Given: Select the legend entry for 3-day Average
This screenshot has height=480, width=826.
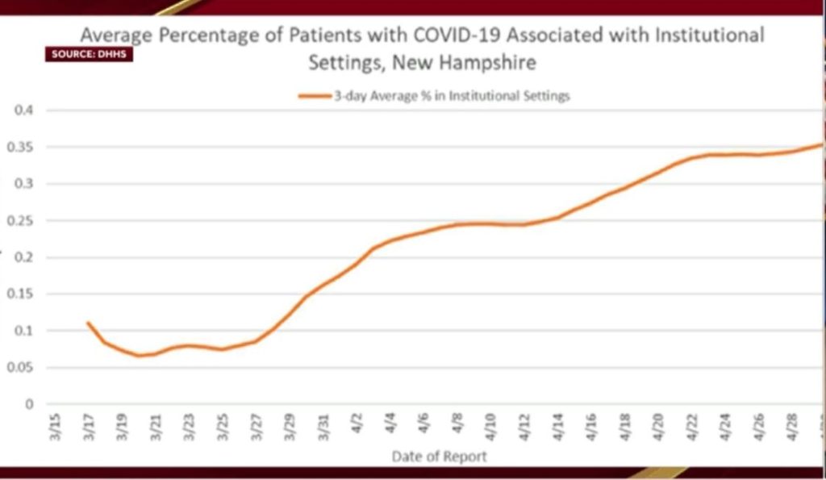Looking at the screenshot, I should (x=436, y=96).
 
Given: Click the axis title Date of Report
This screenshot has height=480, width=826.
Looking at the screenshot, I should (x=440, y=457).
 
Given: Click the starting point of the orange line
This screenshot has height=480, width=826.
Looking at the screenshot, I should (x=87, y=323).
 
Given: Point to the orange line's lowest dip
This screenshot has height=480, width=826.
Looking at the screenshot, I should (x=138, y=356).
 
